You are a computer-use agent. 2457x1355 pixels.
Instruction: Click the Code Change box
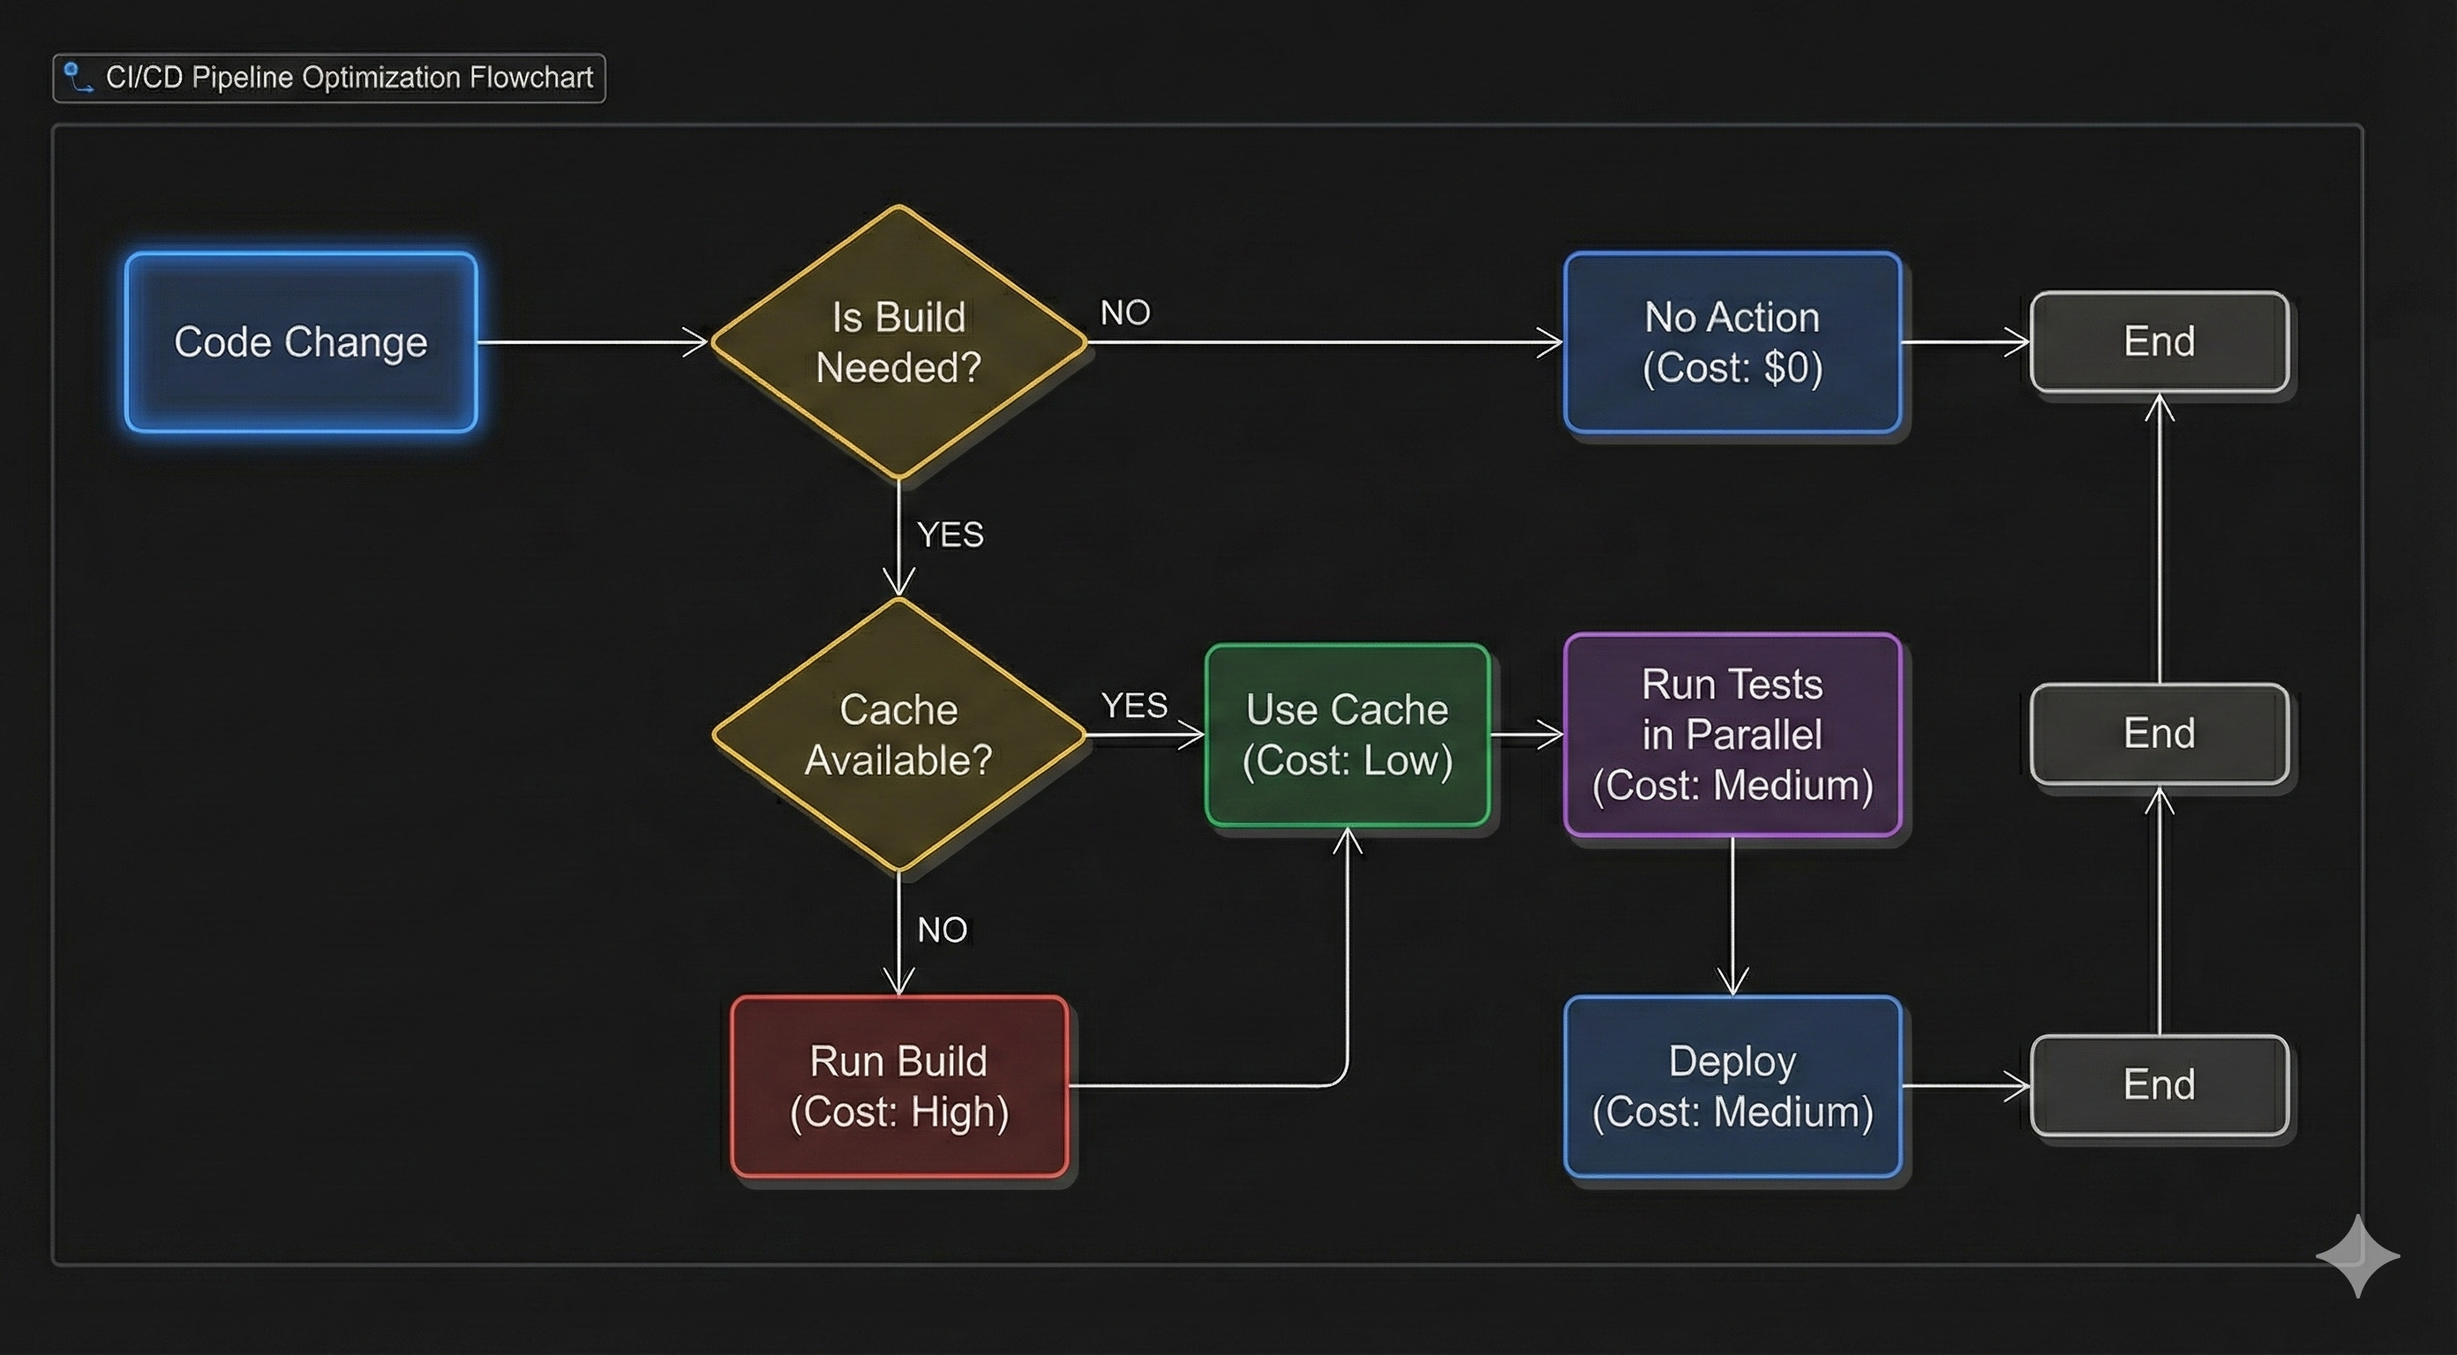(x=300, y=342)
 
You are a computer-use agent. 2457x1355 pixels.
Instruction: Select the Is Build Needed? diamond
(x=898, y=342)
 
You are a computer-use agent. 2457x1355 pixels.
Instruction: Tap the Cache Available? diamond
(x=898, y=734)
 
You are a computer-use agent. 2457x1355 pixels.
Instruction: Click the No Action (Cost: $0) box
(x=1732, y=342)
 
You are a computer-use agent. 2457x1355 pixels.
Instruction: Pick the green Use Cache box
(x=1347, y=734)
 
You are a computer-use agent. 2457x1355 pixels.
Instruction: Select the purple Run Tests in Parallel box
(x=1732, y=734)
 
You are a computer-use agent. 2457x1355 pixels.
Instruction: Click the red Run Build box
(x=898, y=1086)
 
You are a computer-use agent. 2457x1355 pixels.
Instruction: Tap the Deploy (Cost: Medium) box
(x=1732, y=1086)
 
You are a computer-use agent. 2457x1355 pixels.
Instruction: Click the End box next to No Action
(x=2159, y=341)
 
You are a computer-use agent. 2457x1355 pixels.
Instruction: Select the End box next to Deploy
(x=2159, y=1085)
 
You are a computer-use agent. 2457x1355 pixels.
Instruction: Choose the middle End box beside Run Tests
(x=2159, y=733)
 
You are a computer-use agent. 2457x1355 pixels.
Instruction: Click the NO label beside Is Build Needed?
(x=1125, y=313)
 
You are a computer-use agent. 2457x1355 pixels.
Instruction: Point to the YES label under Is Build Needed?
(x=950, y=535)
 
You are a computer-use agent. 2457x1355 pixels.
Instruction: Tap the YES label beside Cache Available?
(x=1134, y=706)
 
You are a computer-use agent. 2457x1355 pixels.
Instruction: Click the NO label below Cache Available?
(x=943, y=930)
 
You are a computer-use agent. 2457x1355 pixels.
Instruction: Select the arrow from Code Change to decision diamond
(x=591, y=341)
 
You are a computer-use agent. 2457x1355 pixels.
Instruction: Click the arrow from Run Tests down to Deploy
(x=1732, y=916)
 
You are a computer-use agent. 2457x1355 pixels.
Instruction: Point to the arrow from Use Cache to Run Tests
(x=1526, y=734)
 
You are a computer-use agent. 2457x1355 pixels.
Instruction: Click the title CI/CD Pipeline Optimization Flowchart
(x=349, y=78)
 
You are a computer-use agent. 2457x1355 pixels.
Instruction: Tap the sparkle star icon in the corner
(x=2357, y=1256)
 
